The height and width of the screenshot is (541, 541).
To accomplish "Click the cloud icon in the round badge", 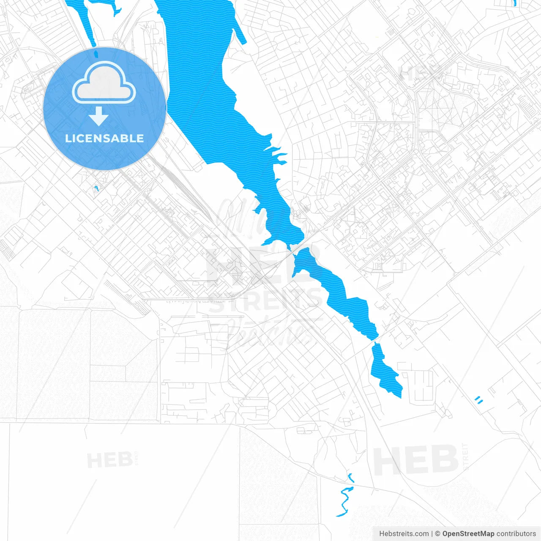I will click(x=104, y=83).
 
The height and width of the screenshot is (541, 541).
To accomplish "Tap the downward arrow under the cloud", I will click(x=98, y=117).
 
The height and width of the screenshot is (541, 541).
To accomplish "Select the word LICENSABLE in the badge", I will click(x=104, y=138).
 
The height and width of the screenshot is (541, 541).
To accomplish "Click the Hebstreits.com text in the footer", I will click(x=404, y=534).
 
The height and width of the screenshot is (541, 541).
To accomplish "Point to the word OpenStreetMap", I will click(x=468, y=534).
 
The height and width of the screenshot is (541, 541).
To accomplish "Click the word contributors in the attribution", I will click(x=516, y=534).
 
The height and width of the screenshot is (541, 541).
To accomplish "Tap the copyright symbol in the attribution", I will click(x=438, y=534).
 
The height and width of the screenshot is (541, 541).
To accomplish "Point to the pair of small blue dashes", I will click(x=478, y=399).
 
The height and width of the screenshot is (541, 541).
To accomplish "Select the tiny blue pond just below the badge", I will click(x=96, y=189).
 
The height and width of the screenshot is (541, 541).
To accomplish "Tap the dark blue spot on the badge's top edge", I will click(x=96, y=54).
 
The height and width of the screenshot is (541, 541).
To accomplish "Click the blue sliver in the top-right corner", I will click(x=514, y=3).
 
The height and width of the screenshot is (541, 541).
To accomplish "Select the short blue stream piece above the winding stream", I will click(x=350, y=478).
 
